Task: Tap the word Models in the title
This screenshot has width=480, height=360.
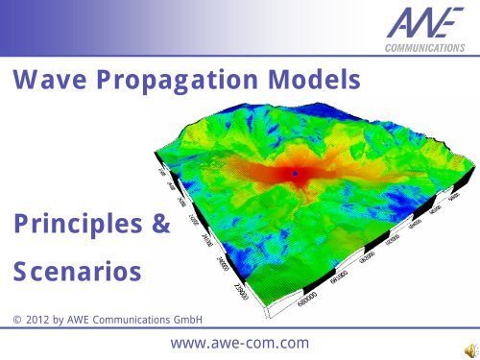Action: tap(306, 87)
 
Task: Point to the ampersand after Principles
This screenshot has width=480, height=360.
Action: tap(159, 226)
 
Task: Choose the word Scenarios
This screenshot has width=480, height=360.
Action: tap(76, 274)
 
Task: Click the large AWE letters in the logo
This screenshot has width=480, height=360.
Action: tap(414, 23)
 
